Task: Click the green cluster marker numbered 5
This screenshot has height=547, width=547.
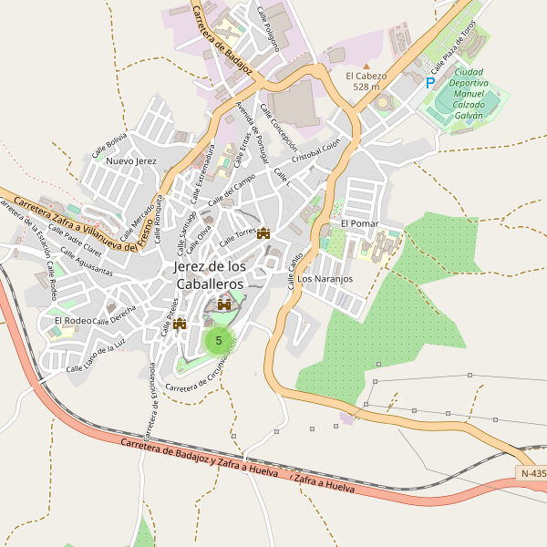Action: point(218,340)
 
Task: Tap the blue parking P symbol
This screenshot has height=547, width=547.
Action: point(430,82)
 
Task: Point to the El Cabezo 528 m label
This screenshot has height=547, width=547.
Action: point(366,81)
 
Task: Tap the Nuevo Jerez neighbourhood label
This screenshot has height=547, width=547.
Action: point(131,160)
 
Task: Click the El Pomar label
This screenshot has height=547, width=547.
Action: point(359,223)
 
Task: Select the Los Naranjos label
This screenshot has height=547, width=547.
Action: point(325,278)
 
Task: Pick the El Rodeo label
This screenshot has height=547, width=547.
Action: point(72,320)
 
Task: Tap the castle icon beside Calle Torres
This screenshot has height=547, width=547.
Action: point(264,233)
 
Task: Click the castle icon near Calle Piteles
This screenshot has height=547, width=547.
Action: point(180,323)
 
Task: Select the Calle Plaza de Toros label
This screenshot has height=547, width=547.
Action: point(454,48)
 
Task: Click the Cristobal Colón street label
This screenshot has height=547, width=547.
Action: point(315,150)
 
